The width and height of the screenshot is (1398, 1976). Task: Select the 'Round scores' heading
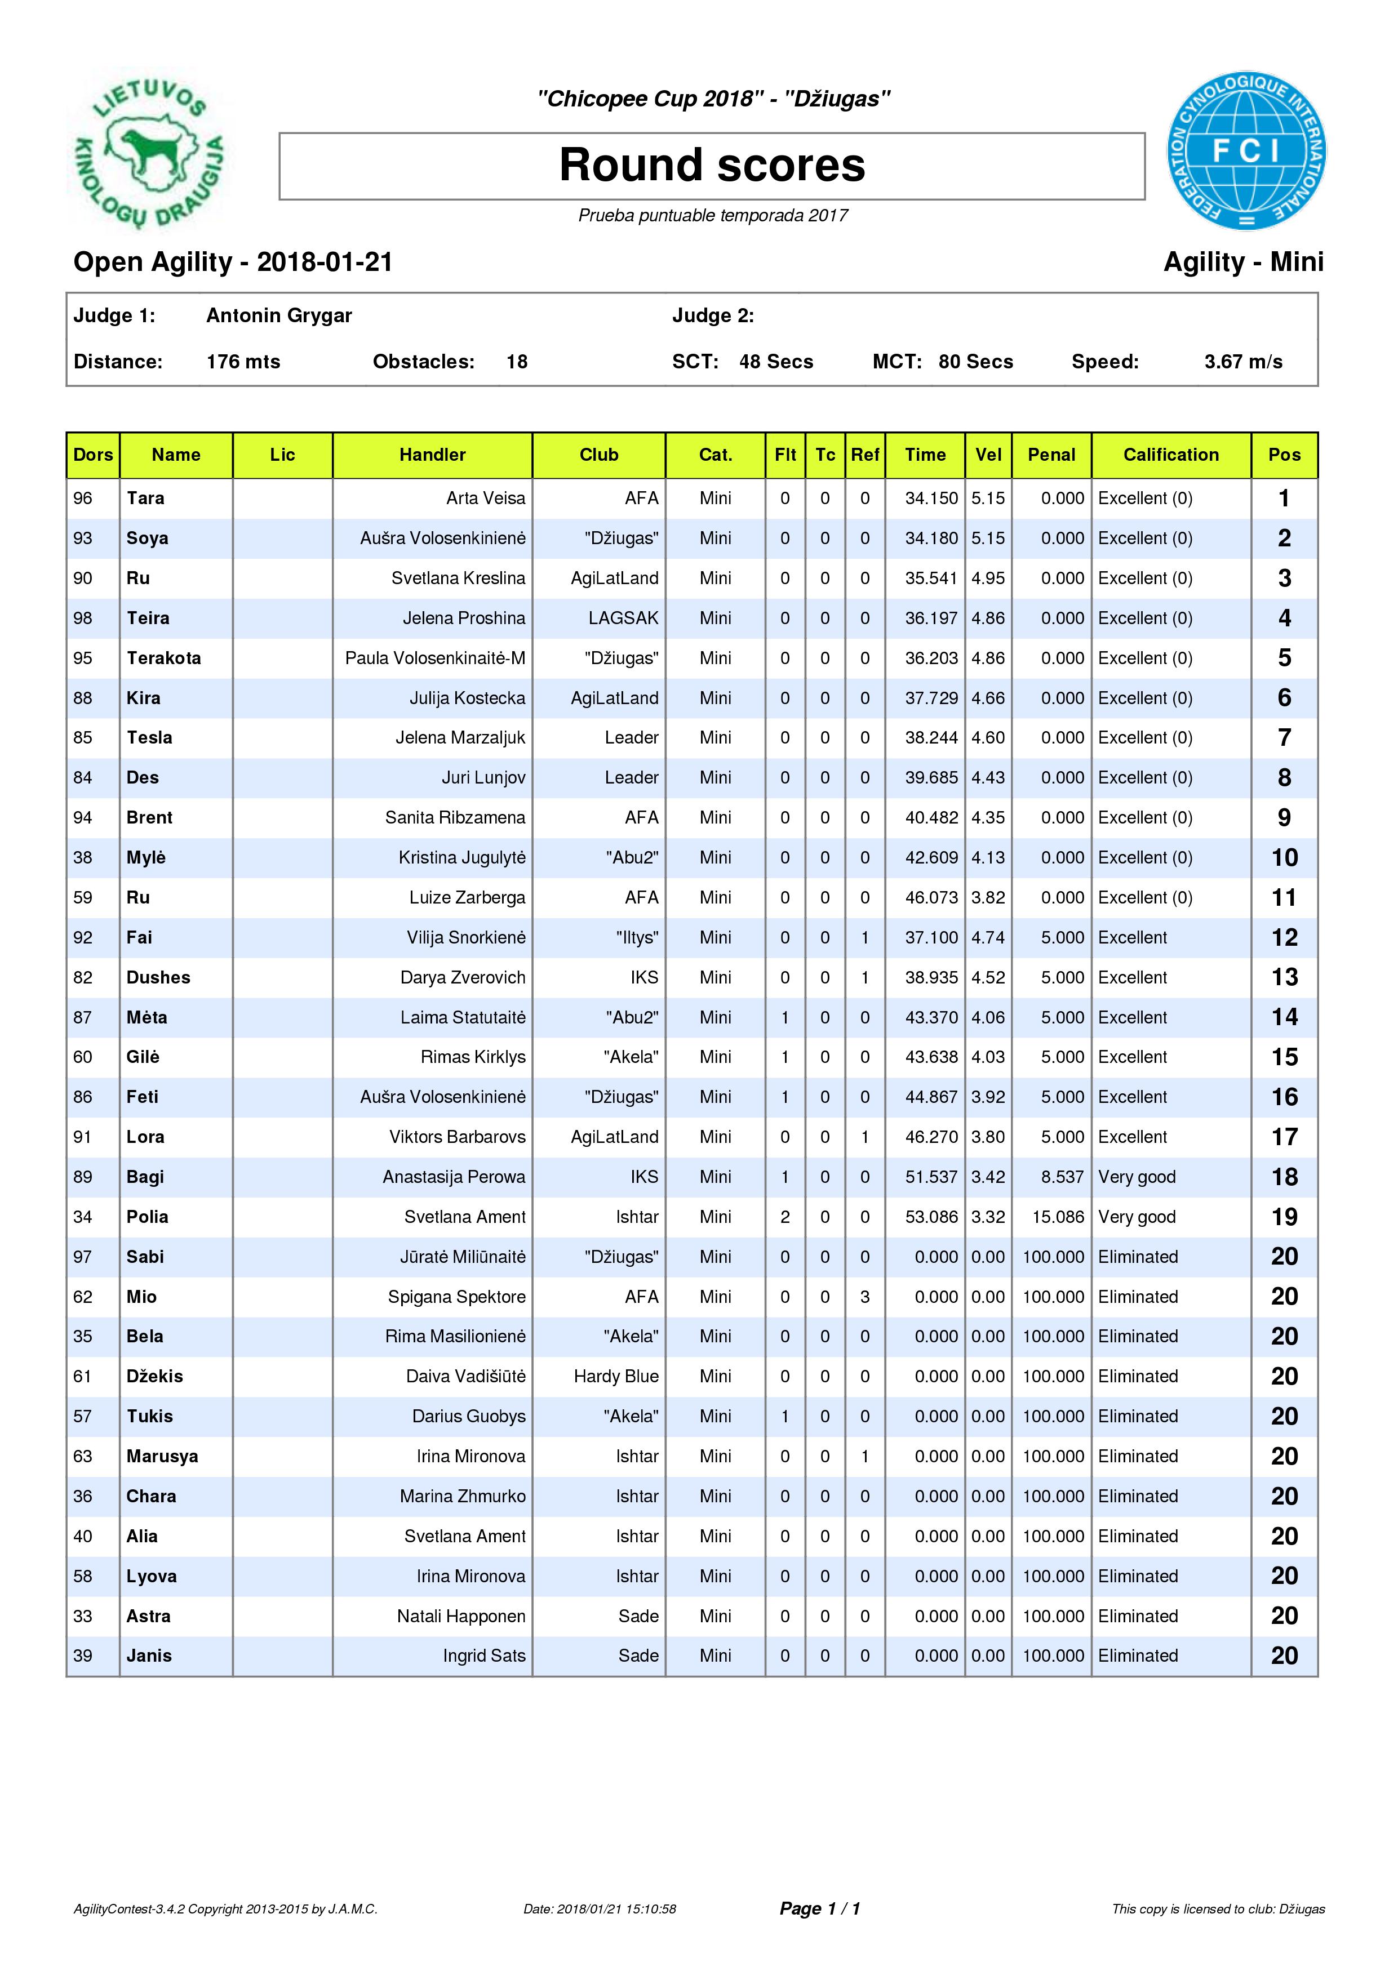point(712,165)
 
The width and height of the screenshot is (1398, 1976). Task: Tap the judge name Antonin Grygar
point(279,316)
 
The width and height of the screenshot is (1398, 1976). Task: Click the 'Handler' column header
point(432,455)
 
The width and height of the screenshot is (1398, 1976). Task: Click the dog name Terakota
point(163,658)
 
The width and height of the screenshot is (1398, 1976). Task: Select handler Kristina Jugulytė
point(461,858)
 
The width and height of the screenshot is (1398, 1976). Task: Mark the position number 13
point(1284,978)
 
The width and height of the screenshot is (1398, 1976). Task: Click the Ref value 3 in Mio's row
point(864,1297)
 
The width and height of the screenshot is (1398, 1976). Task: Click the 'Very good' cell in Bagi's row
point(1137,1177)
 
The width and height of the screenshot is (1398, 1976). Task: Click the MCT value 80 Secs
point(975,362)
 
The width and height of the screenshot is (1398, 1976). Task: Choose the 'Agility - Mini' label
point(1243,262)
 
